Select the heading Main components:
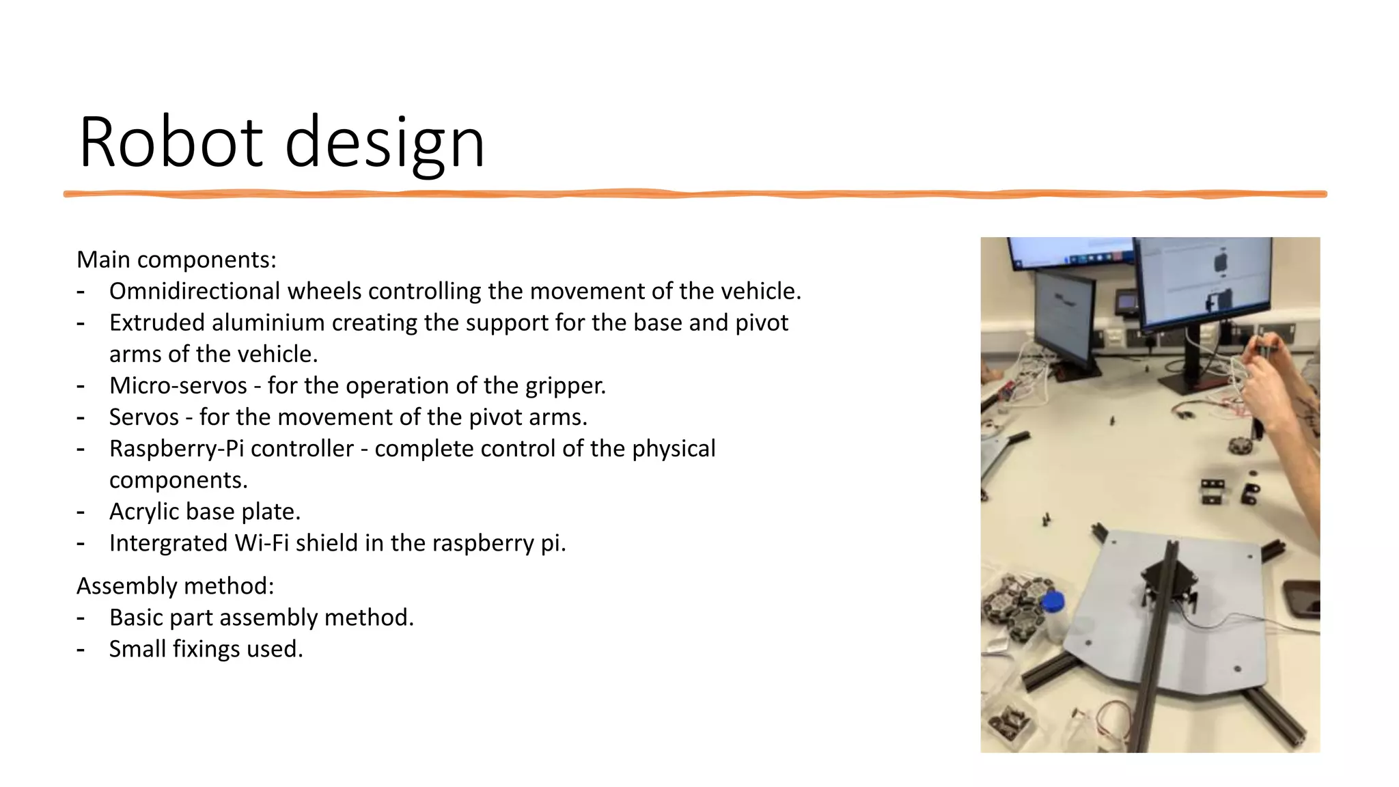tap(176, 260)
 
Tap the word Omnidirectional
tap(195, 291)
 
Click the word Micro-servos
tap(178, 385)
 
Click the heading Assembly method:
tap(175, 586)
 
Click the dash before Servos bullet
tap(81, 417)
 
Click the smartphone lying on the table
tap(1300, 598)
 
